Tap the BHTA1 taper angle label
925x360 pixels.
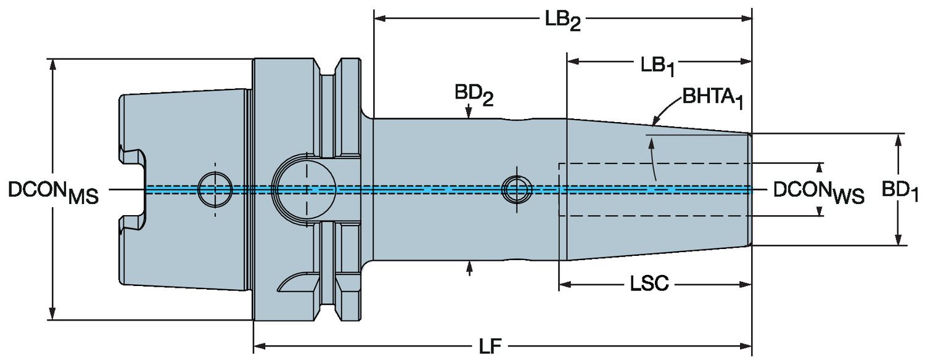click(x=712, y=99)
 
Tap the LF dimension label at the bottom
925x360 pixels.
click(x=491, y=347)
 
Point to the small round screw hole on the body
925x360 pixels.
click(x=517, y=189)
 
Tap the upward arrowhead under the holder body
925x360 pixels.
click(x=470, y=266)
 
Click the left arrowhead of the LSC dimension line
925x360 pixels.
click(x=564, y=285)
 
